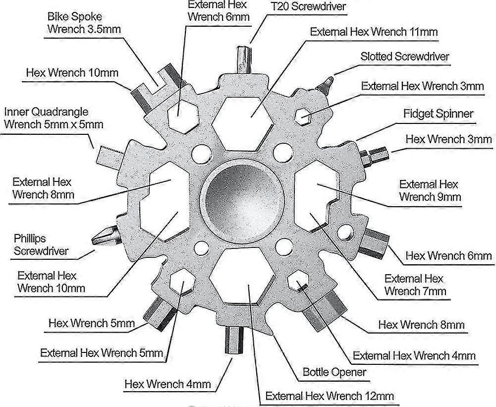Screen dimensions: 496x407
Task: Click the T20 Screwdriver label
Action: pos(308,6)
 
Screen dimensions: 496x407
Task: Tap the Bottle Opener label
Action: pos(334,372)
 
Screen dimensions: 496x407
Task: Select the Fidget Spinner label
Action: pos(438,114)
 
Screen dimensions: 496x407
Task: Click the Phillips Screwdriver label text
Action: pos(41,244)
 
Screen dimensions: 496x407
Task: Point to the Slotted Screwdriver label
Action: pos(405,57)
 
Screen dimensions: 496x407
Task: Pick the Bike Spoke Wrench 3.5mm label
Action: pos(84,23)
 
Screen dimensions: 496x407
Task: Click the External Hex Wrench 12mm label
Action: pos(330,396)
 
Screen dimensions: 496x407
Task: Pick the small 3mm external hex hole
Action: pos(303,116)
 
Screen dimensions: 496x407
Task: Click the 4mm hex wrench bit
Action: pos(234,341)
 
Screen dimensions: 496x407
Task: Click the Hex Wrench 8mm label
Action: pos(421,325)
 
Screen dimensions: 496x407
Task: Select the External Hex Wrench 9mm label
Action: pos(430,190)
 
